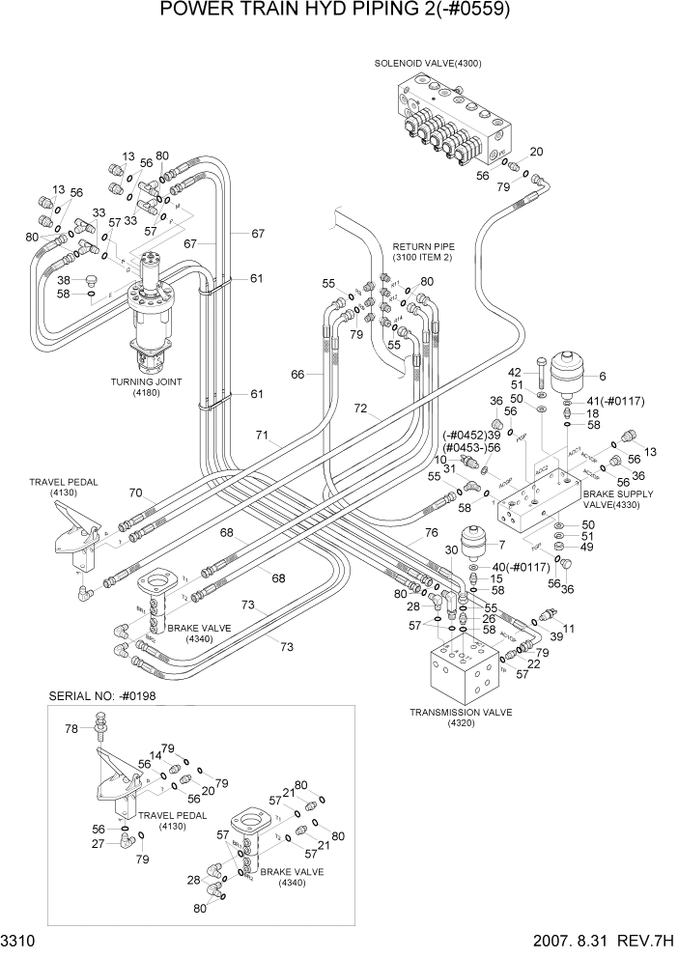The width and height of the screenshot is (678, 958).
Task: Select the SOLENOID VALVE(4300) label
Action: tap(428, 64)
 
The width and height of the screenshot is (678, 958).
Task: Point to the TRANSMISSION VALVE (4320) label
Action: tap(461, 718)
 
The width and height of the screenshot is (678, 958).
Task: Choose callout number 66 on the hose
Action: tap(297, 375)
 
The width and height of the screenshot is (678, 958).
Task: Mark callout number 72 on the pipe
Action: tap(359, 409)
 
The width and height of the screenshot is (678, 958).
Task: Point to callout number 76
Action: tap(431, 532)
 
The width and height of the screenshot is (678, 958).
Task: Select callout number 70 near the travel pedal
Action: tap(136, 493)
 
